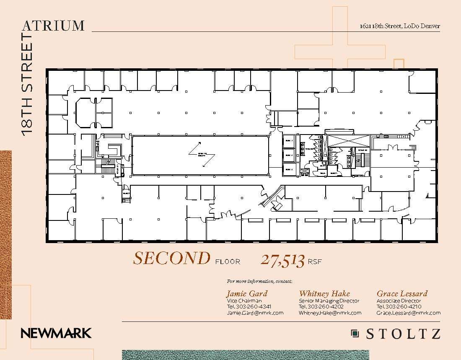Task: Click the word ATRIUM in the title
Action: pos(53,26)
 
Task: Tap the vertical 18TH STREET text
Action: pos(27,84)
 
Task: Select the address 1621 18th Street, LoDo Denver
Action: pos(400,26)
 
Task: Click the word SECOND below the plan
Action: pos(171,259)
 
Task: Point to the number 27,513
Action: pos(282,260)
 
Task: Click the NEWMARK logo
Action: pos(56,334)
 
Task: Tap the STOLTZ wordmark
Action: pos(403,334)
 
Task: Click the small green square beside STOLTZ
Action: pos(355,334)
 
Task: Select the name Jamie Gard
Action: pos(246,293)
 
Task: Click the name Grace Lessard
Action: pos(402,293)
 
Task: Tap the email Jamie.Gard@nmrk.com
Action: pos(255,313)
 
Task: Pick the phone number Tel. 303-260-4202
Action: pos(321,307)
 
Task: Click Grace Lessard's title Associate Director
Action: pos(399,301)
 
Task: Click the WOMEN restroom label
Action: pos(309,149)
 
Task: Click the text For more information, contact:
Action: pos(259,281)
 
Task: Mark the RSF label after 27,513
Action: pos(315,262)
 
